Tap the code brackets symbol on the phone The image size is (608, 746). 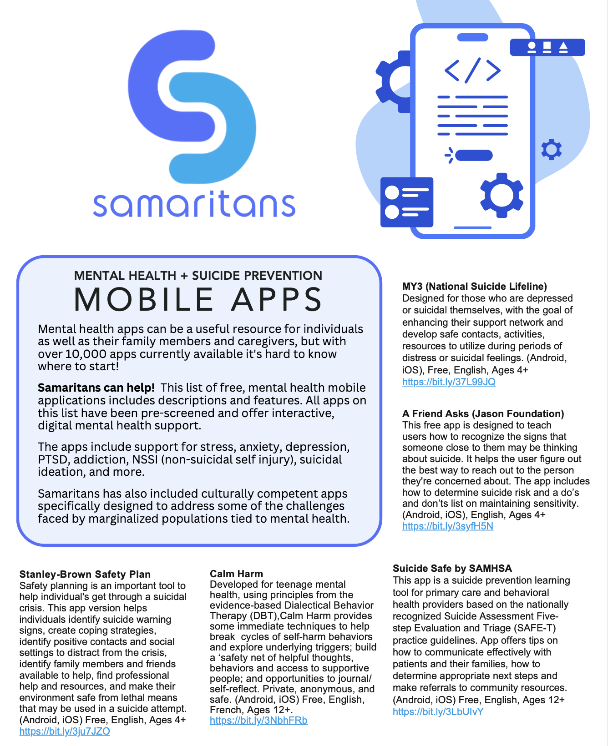472,70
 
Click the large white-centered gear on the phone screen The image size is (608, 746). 502,195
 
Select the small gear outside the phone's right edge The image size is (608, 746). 551,149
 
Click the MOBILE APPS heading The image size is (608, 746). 198,300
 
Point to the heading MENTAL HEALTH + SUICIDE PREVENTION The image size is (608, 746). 198,276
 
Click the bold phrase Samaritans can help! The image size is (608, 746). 96,388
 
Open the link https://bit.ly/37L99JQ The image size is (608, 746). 449,382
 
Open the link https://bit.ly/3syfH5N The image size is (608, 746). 448,526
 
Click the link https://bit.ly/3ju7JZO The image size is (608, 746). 65,731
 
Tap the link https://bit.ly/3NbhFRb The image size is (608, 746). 258,721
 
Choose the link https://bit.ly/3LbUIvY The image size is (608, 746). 438,712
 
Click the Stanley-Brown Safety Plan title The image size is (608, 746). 85,575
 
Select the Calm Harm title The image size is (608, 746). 236,574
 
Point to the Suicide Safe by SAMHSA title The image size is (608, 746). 452,569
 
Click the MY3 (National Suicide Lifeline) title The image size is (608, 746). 474,287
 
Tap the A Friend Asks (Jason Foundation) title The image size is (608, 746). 483,414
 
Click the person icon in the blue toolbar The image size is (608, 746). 531,47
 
